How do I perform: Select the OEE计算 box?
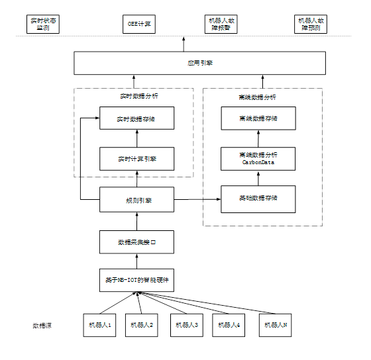(x=140, y=24)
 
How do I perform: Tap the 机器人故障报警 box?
(x=221, y=24)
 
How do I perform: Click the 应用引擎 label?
(x=199, y=64)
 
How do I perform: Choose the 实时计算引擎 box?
(x=137, y=159)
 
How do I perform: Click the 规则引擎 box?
(x=137, y=199)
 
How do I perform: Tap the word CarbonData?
(x=258, y=162)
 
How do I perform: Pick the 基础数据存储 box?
(x=258, y=199)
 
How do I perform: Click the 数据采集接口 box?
(x=137, y=242)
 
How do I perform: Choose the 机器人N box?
(x=276, y=325)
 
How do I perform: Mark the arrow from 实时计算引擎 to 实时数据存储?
(x=137, y=138)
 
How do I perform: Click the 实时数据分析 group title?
(x=137, y=97)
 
